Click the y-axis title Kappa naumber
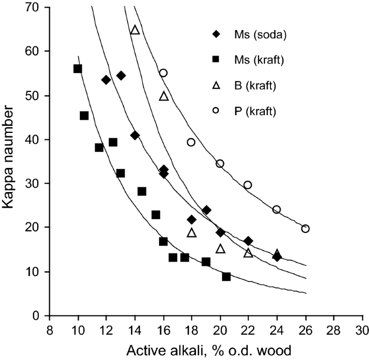pos(10,161)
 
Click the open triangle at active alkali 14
pos(135,30)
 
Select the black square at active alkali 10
pos(78,69)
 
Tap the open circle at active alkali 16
pos(163,73)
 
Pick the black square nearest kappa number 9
pos(226,277)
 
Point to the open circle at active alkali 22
pos(248,185)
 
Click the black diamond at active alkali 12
pos(106,80)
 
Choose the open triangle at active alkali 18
pos(192,233)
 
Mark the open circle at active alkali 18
pos(191,142)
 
